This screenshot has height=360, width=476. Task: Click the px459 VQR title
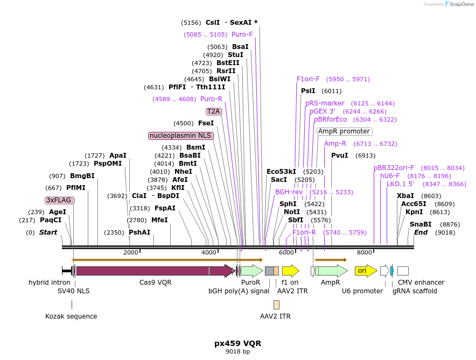237,343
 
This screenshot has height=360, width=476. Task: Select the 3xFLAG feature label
59,200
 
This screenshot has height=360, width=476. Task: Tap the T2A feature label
214,111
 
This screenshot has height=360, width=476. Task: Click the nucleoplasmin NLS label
181,136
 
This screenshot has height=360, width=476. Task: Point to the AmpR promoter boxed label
345,131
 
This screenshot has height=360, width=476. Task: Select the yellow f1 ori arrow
290,271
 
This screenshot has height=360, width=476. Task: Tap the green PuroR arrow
251,271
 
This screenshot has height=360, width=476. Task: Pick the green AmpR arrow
331,271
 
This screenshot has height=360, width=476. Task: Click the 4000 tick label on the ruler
209,253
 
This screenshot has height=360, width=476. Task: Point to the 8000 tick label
365,253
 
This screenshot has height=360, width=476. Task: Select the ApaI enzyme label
118,156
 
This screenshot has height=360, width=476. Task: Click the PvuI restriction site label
340,156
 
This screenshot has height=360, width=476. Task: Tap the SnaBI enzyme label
421,224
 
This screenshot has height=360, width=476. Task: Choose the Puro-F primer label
242,34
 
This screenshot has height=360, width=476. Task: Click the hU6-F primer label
390,176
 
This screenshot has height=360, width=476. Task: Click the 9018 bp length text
237,352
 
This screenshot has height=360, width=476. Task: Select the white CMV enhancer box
403,271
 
